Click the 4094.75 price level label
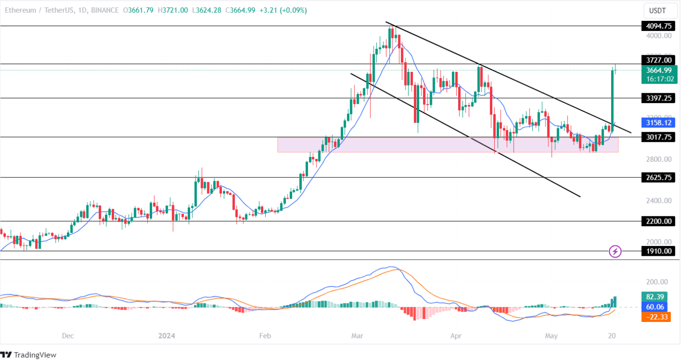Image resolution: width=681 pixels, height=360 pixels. (x=658, y=26)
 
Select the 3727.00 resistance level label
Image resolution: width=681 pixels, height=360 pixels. (x=658, y=60)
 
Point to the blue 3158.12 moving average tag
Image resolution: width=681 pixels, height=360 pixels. (x=658, y=123)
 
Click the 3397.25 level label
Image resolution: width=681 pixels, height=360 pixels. (x=658, y=98)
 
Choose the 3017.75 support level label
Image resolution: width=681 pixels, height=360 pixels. (x=658, y=137)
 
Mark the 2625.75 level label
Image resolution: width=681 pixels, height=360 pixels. (x=658, y=177)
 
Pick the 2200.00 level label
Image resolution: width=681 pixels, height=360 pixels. (x=658, y=221)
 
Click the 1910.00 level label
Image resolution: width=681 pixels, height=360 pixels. (x=658, y=251)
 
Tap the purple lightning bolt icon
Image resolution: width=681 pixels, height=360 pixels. (x=615, y=251)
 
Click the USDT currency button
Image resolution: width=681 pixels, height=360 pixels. (x=659, y=10)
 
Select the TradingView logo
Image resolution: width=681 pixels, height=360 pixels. (x=29, y=355)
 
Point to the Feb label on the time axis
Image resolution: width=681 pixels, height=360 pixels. (x=265, y=336)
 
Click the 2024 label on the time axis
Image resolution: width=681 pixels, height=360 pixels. (x=166, y=336)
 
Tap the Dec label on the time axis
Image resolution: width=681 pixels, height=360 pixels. (x=68, y=336)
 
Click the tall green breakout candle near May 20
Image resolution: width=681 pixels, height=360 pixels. (x=613, y=97)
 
